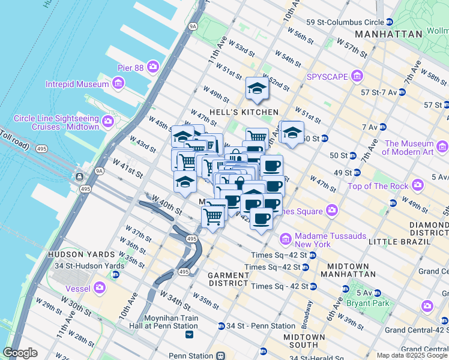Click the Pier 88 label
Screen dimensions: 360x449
click(x=130, y=68)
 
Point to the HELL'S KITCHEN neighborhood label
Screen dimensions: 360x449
click(x=244, y=112)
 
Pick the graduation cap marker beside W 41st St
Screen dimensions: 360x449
click(x=184, y=182)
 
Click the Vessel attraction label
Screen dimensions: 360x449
click(x=82, y=288)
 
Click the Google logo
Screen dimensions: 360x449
click(x=20, y=353)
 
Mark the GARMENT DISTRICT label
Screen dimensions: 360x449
click(x=228, y=279)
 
